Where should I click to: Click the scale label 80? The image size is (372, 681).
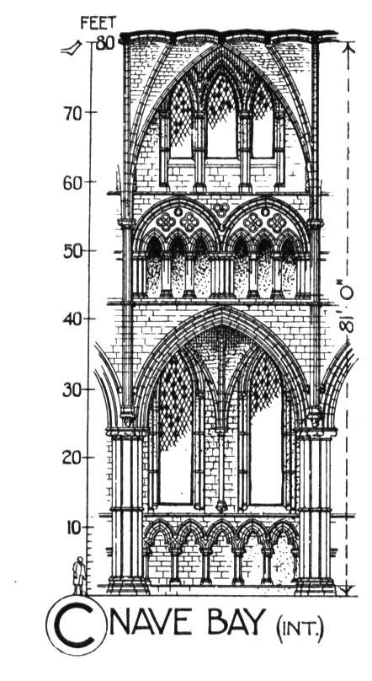[x=104, y=43]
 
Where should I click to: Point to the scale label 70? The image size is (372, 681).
[x=72, y=115]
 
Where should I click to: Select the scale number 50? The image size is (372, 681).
[x=73, y=253]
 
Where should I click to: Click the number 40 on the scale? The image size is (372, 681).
[x=73, y=321]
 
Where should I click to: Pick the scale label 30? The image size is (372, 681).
[x=72, y=390]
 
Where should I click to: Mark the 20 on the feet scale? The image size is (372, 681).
[x=72, y=458]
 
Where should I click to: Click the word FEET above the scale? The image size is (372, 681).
[x=98, y=23]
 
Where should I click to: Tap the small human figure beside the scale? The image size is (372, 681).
[x=79, y=576]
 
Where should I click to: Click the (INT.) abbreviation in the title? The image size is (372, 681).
[x=300, y=629]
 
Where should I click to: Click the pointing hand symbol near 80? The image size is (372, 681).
[x=72, y=48]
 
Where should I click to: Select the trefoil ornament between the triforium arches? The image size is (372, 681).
[x=221, y=210]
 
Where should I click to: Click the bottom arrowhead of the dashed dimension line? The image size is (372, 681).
[x=347, y=590]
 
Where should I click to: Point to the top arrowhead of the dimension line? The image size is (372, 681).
[x=347, y=48]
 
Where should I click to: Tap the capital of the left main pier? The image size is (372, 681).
[x=126, y=432]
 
